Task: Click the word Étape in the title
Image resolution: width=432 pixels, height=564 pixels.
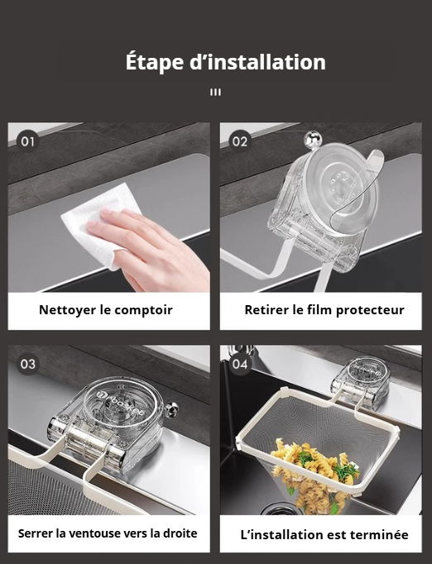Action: click(155, 62)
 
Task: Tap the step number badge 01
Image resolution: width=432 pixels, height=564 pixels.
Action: click(27, 141)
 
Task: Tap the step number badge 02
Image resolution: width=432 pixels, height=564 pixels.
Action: click(240, 141)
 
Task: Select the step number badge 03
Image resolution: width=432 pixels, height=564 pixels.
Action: click(27, 364)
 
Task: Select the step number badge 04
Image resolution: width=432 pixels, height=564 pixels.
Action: click(240, 364)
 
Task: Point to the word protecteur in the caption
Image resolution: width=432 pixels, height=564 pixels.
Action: click(370, 310)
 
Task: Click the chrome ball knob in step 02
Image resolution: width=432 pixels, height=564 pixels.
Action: click(312, 139)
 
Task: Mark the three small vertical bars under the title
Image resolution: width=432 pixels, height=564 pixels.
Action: click(216, 93)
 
